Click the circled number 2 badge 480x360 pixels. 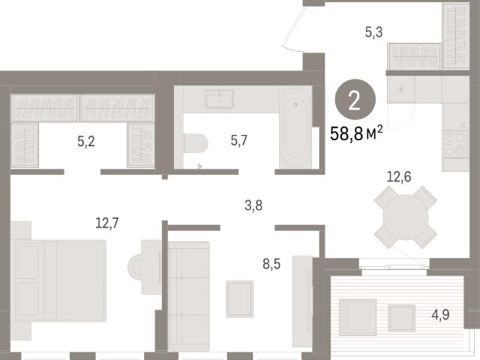pos(355,99)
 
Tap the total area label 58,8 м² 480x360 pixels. pos(356,133)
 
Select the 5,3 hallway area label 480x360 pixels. pos(373,31)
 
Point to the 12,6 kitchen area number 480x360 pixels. pos(399,177)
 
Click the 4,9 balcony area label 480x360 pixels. pos(440,314)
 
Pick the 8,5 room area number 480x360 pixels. pos(271,264)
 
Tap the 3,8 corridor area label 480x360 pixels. pos(253,205)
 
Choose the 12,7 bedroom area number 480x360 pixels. pos(107,223)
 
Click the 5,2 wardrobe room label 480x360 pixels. pos(86,142)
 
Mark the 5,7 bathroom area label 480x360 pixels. pos(238,141)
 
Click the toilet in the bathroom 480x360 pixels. pos(196,143)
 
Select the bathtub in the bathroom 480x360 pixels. pos(295,127)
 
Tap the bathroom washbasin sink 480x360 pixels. pos(219,99)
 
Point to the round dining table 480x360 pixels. pos(406,217)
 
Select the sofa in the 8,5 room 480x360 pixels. pos(189,296)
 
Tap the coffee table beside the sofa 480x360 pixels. pos(240,299)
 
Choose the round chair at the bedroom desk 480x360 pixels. pos(135,267)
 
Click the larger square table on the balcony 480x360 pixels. pos(358,317)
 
